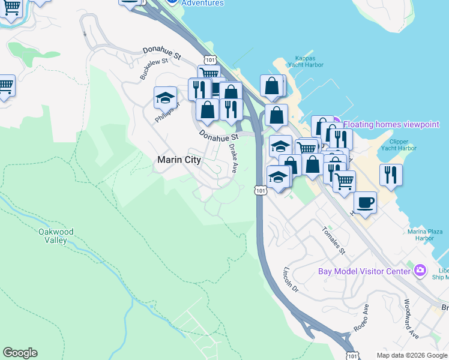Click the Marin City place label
click(178, 160)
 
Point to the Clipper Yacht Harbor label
click(399, 145)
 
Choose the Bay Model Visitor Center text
click(364, 271)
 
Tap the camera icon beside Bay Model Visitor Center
click(420, 271)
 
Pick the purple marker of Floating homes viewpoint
click(337, 124)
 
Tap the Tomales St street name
click(333, 240)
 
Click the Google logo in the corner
click(20, 353)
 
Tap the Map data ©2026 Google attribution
click(412, 355)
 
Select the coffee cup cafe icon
click(365, 202)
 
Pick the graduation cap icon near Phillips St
click(165, 97)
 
